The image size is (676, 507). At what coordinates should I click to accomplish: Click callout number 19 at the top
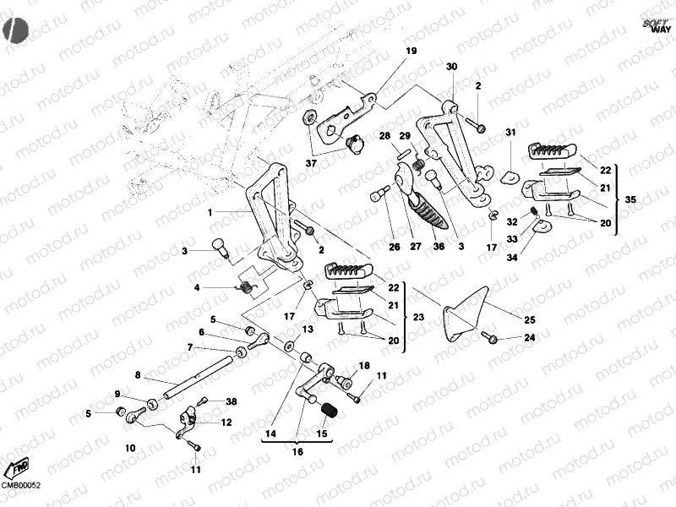pyautogui.click(x=411, y=52)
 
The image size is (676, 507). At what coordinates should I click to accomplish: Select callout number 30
pyautogui.click(x=451, y=66)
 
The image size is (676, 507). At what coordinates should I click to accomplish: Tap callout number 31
pyautogui.click(x=510, y=133)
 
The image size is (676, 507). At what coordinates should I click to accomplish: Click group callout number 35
pyautogui.click(x=630, y=199)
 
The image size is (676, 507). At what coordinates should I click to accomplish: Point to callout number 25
pyautogui.click(x=530, y=319)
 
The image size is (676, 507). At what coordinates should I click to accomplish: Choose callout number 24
pyautogui.click(x=530, y=338)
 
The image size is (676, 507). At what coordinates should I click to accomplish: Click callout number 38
pyautogui.click(x=232, y=402)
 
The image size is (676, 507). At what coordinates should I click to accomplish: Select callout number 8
pyautogui.click(x=137, y=374)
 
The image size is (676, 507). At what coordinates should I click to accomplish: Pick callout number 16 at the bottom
pyautogui.click(x=297, y=453)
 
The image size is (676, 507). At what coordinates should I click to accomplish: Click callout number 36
pyautogui.click(x=438, y=248)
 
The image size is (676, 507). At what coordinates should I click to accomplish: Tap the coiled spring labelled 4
pyautogui.click(x=246, y=288)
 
